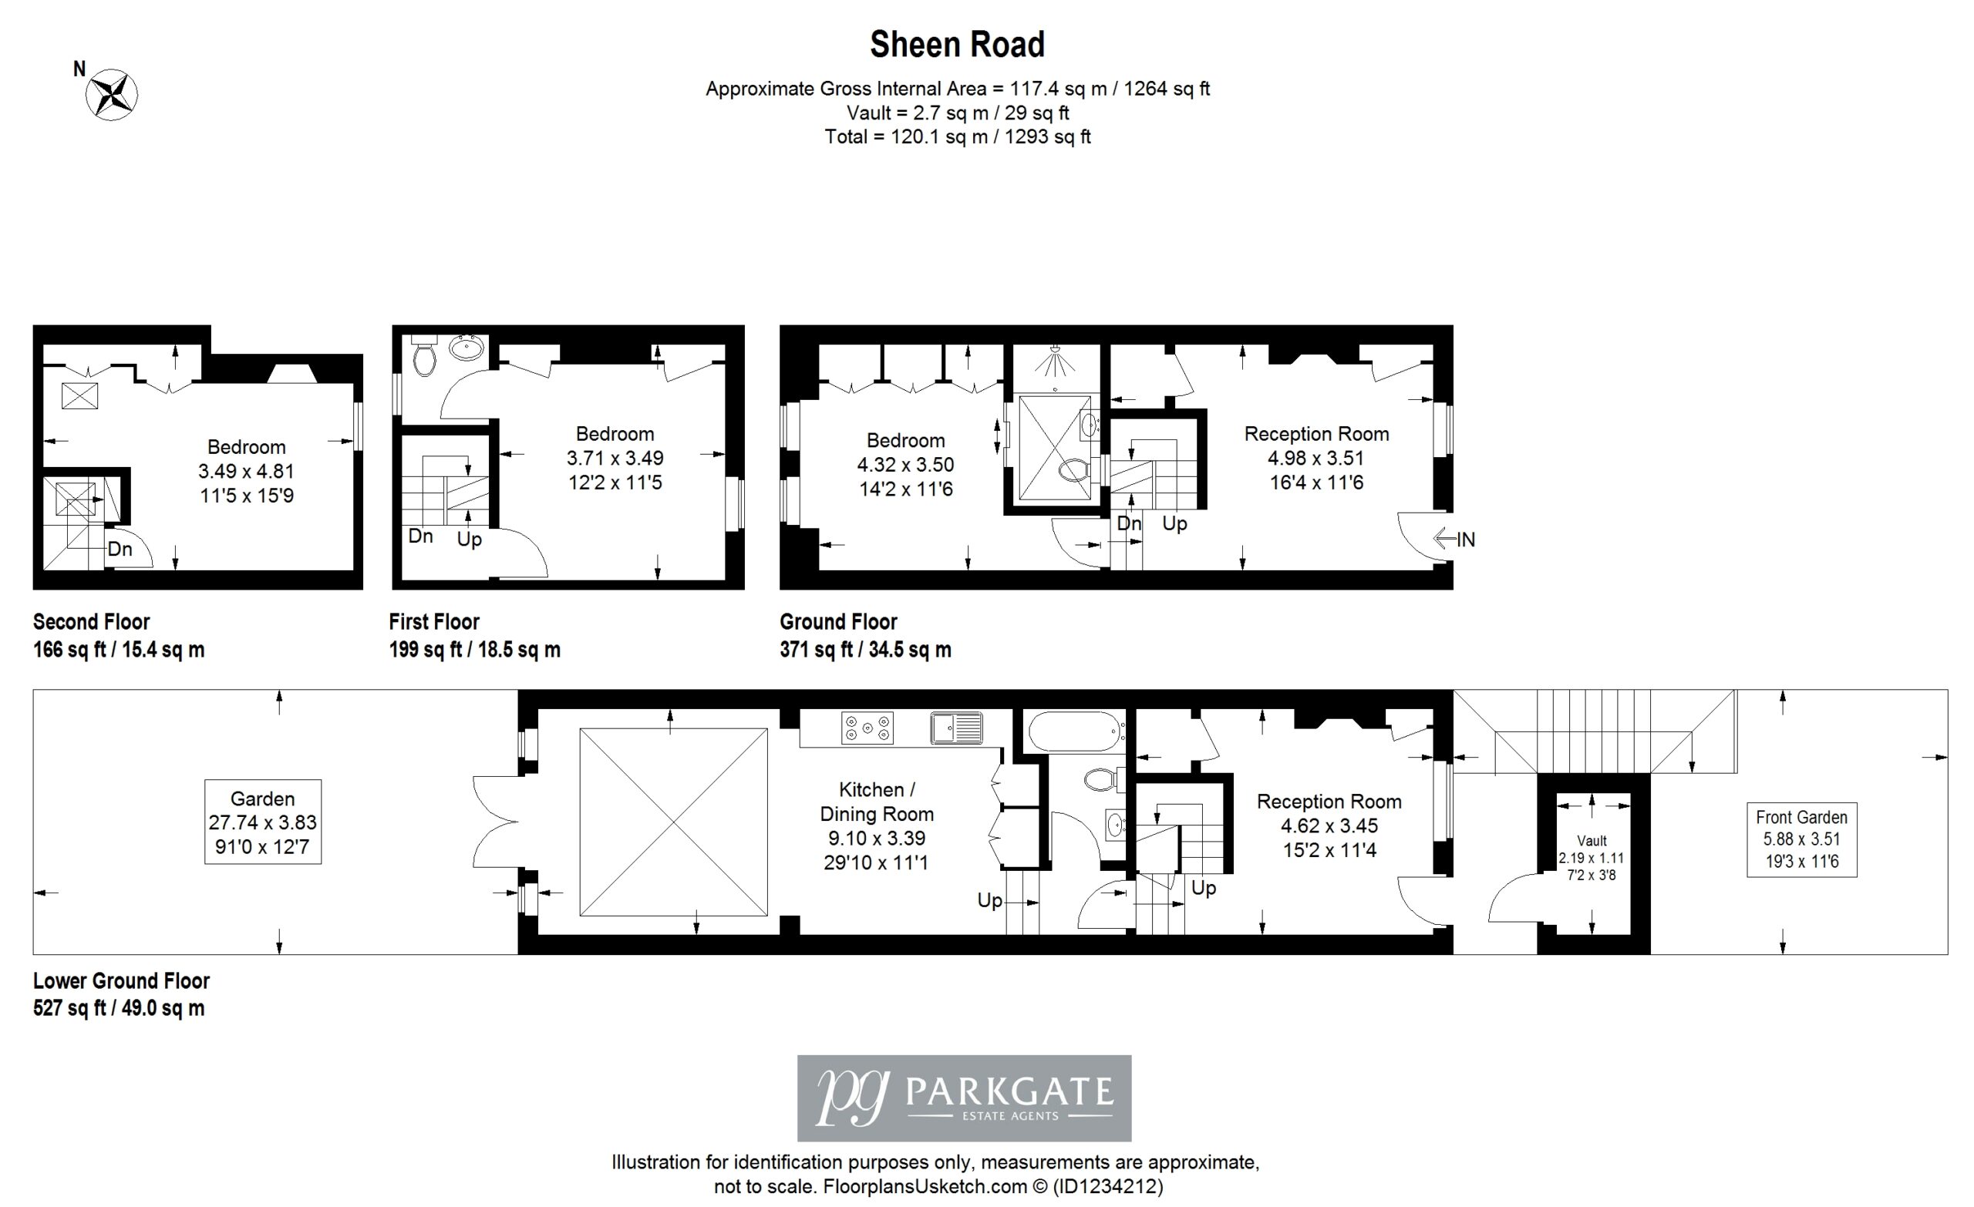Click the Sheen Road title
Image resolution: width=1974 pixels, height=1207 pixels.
[958, 44]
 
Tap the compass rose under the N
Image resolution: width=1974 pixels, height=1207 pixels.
[112, 95]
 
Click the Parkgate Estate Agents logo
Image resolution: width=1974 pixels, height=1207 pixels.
[964, 1098]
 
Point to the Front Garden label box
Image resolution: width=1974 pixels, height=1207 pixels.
[1802, 839]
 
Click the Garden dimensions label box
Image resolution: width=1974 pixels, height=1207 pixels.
[263, 822]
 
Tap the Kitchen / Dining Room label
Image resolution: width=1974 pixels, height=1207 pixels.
[877, 802]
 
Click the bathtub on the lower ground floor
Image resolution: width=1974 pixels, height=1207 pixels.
[1076, 731]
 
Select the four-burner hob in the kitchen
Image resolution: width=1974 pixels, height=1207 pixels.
[867, 728]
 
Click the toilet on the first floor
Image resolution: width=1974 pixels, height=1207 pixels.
[423, 355]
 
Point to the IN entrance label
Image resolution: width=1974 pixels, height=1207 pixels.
[1465, 540]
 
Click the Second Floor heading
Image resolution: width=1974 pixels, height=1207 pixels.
[91, 621]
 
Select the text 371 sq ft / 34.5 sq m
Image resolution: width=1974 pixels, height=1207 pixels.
[865, 650]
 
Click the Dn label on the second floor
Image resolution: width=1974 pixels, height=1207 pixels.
[120, 550]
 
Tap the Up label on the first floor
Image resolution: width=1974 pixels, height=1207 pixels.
[470, 540]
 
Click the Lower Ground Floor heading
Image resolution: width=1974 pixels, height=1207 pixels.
[121, 980]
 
